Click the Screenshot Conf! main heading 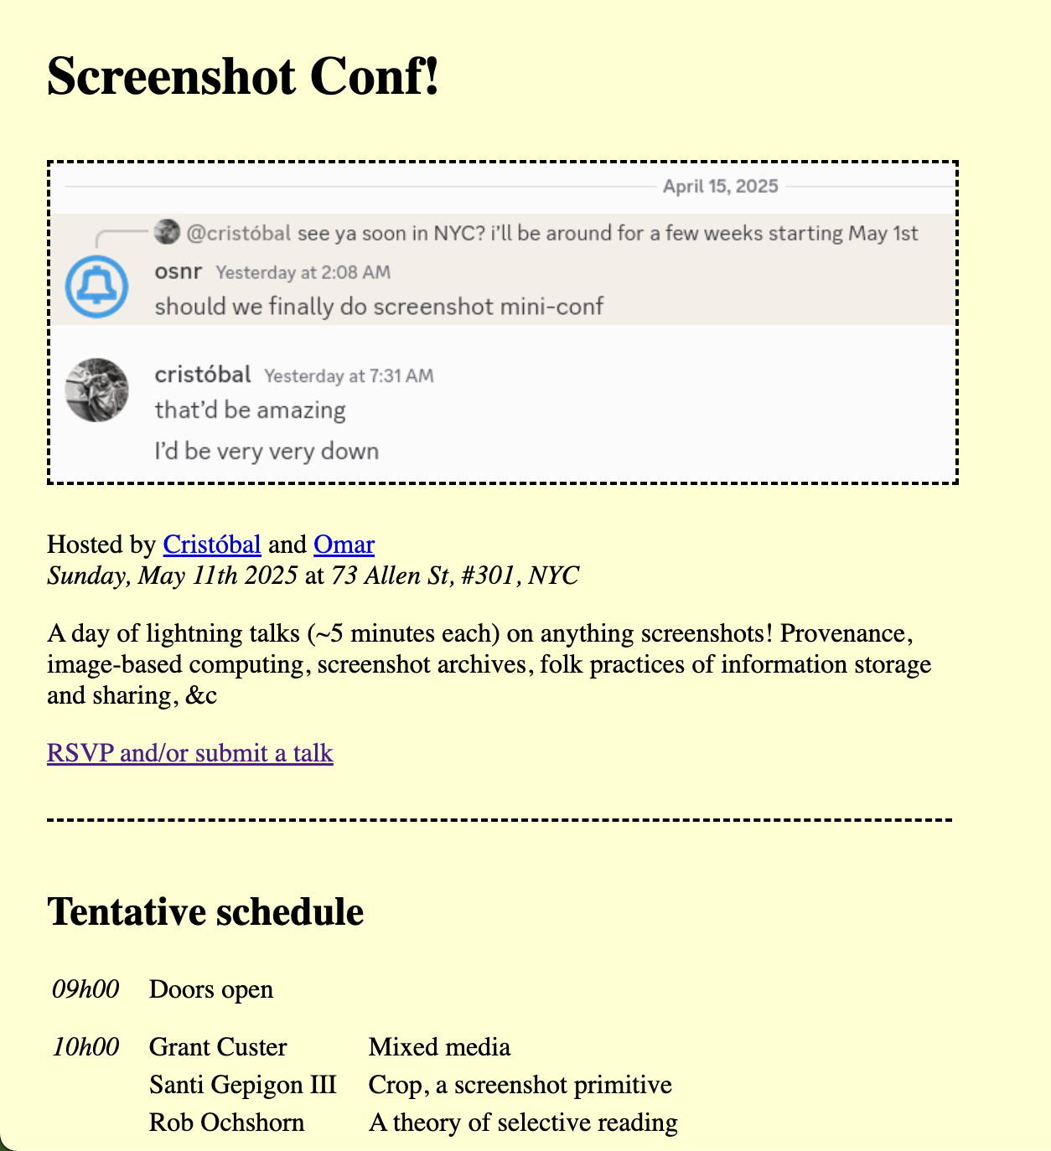[243, 77]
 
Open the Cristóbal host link [212, 545]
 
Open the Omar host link [344, 545]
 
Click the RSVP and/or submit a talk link [190, 753]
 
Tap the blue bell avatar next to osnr [97, 287]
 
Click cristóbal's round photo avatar [97, 390]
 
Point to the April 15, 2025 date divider [720, 186]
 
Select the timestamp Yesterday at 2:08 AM [303, 272]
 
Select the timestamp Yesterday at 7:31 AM [349, 376]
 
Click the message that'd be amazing [250, 410]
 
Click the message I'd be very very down [267, 452]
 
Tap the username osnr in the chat [179, 271]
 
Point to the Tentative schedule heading [205, 911]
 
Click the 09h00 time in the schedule [85, 989]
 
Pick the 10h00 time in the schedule [85, 1047]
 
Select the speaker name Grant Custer [218, 1047]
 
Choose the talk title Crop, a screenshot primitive [520, 1085]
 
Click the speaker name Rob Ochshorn [226, 1123]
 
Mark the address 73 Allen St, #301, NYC [455, 575]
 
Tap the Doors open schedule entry [211, 989]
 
